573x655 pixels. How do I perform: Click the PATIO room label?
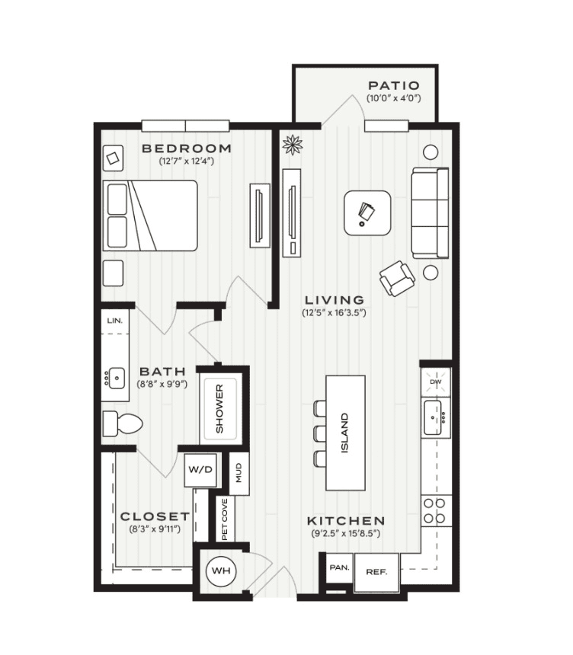point(393,85)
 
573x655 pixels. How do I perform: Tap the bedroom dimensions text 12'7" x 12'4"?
point(187,161)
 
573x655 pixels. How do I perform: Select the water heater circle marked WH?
point(221,570)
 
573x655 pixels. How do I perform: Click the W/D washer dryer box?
point(200,470)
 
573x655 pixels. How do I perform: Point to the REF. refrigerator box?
point(376,572)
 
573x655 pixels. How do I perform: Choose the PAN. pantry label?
point(339,567)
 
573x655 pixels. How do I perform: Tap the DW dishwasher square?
point(436,382)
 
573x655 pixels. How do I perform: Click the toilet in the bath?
point(123,423)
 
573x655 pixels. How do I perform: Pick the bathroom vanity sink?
point(115,378)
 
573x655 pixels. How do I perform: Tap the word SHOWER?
point(219,408)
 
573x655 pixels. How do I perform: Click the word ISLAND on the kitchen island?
point(345,433)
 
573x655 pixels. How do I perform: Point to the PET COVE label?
point(225,519)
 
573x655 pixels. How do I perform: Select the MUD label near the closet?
point(238,473)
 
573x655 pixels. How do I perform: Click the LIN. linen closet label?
point(115,321)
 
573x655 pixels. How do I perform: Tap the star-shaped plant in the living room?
point(293,145)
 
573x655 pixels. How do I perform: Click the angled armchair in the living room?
point(397,278)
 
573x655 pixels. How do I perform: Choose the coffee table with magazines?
point(368,212)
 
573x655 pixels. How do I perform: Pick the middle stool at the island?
point(320,433)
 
